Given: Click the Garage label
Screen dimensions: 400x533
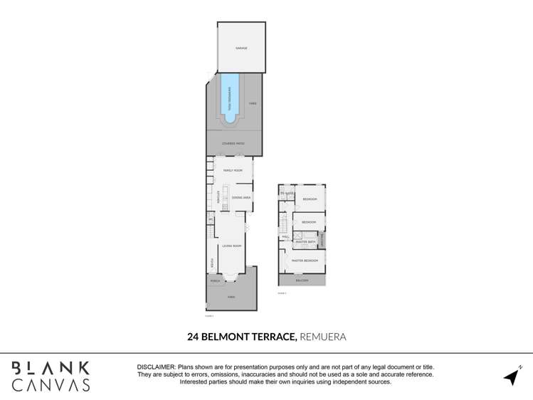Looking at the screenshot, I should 241,48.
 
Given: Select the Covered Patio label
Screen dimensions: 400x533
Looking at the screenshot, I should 233,144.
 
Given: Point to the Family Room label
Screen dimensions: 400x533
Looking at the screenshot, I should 233,171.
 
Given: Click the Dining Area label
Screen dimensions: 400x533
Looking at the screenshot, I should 241,197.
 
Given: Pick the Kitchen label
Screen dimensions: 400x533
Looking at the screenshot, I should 218,196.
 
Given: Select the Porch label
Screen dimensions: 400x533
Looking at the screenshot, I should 215,281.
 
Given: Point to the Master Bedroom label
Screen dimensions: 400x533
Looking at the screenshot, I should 305,260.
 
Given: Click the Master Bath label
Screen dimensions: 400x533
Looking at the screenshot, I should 305,242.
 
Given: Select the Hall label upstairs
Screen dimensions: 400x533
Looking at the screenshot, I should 285,237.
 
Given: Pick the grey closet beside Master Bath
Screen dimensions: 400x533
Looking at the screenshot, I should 322,240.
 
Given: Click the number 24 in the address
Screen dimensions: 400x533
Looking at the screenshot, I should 193,337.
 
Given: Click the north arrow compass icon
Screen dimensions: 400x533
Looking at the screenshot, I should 512,376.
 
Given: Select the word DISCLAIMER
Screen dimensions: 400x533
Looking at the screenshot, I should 155,367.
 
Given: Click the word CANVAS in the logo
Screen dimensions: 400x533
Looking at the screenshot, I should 51,385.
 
